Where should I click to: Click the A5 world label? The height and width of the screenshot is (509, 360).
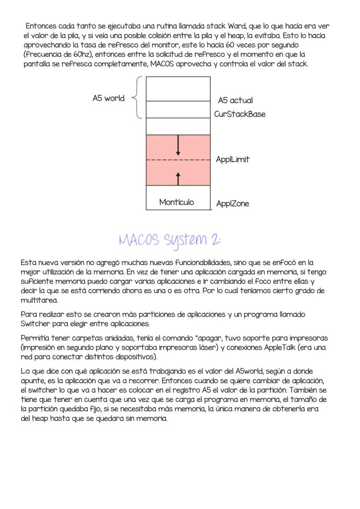pos(108,98)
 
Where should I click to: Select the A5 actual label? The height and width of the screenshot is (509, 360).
pos(235,100)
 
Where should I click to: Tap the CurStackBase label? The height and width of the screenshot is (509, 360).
pos(240,114)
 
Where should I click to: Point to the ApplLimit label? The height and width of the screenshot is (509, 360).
pos(233,160)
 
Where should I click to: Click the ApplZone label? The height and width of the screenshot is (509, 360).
pos(233,204)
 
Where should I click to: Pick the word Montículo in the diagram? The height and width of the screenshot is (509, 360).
pos(177,202)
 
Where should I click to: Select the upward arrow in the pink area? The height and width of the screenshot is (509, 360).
pos(178,177)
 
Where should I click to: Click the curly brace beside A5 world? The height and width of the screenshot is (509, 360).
pos(137,97)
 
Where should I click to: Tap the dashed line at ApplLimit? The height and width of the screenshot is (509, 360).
pos(178,160)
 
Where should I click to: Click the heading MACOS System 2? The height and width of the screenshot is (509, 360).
pos(170,240)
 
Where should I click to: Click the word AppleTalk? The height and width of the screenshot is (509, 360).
pos(282,347)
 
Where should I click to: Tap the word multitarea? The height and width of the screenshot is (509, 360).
pos(39,300)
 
